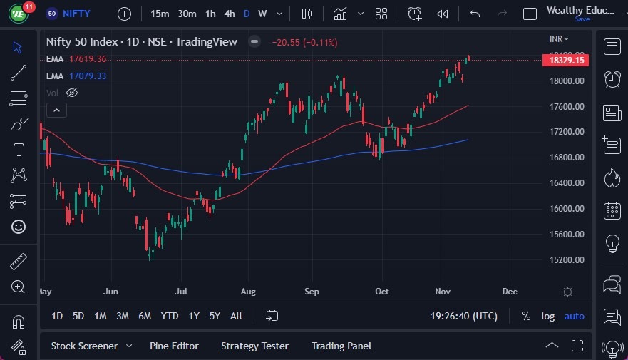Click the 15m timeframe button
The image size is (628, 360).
tap(160, 14)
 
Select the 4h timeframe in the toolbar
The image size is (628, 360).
tap(229, 14)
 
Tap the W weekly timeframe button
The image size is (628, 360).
tap(262, 14)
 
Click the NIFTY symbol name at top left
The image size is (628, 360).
tap(76, 14)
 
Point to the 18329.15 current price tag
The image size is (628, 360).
tap(567, 61)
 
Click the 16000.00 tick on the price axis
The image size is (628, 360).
tap(567, 208)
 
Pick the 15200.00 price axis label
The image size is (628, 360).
tap(567, 259)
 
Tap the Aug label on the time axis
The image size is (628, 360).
tap(247, 291)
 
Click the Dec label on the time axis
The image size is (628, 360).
tap(509, 291)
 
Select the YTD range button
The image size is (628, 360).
tap(170, 316)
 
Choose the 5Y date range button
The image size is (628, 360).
tap(215, 316)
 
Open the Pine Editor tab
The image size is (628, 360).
tap(174, 346)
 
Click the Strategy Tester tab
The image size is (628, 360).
tap(254, 346)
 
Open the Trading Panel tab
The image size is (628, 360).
tap(341, 346)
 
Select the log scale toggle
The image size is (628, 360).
tap(547, 316)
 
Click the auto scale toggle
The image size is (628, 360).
tap(574, 316)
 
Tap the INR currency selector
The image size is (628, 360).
tap(560, 38)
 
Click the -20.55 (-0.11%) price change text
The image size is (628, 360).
tap(304, 42)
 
